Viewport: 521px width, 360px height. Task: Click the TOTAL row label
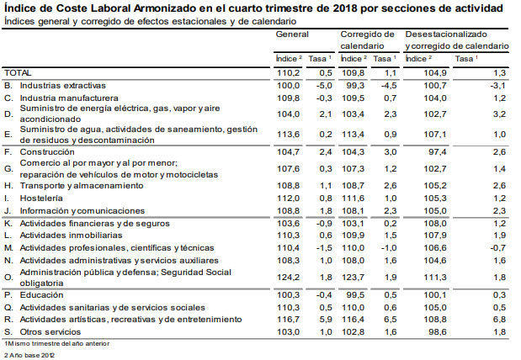[18, 74]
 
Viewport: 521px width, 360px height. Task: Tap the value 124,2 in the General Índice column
[289, 277]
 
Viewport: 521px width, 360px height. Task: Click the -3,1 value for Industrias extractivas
[498, 86]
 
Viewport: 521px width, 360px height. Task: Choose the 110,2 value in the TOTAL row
[289, 74]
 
